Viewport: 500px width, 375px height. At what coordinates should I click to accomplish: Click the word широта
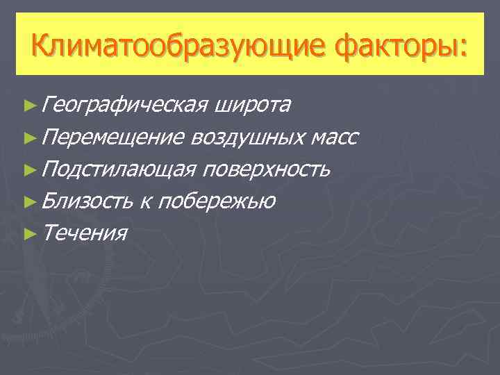(x=253, y=105)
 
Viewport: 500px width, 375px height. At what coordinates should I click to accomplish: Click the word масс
(x=335, y=137)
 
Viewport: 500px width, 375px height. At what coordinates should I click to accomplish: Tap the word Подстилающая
(x=121, y=169)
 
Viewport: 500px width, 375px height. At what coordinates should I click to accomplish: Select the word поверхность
(x=268, y=169)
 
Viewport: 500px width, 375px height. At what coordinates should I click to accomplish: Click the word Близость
(x=87, y=201)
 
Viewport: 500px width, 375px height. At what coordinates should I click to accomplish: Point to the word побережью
(x=217, y=201)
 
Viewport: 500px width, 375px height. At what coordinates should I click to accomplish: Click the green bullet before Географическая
(x=28, y=106)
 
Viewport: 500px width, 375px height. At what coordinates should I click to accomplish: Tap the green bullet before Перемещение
(x=28, y=137)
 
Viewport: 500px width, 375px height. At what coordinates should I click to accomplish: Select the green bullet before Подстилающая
(x=28, y=169)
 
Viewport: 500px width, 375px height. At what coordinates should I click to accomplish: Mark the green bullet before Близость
(x=28, y=201)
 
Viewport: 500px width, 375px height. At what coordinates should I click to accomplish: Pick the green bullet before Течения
(x=28, y=233)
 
